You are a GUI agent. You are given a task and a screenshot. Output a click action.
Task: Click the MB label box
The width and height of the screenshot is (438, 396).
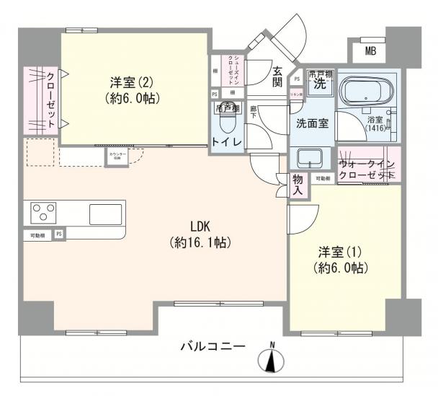[370, 51]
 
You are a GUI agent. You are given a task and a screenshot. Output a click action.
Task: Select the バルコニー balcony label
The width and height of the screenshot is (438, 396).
[213, 347]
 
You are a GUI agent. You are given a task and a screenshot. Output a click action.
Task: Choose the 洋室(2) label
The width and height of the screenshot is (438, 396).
[130, 82]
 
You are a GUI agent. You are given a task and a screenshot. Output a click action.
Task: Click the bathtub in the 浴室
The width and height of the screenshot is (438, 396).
[365, 92]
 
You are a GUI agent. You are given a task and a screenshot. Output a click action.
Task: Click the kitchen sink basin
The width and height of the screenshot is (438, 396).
[106, 214]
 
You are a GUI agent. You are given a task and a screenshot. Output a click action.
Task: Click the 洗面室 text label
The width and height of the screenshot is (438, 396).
[313, 123]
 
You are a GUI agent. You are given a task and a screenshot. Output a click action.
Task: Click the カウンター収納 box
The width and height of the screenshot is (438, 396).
[116, 156]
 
